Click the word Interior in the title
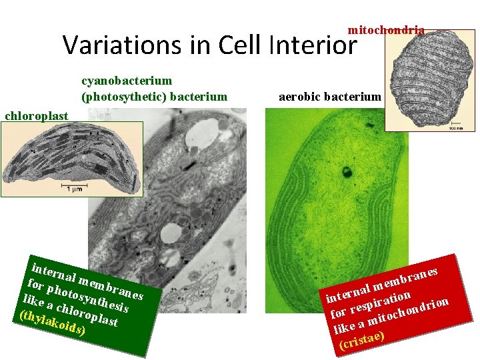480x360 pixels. (313, 45)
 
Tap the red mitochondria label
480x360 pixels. (386, 30)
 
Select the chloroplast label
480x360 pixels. (36, 116)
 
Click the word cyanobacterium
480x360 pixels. (127, 81)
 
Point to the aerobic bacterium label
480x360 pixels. (329, 97)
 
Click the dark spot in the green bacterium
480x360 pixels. (347, 174)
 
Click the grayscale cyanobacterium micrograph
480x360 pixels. (167, 200)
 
